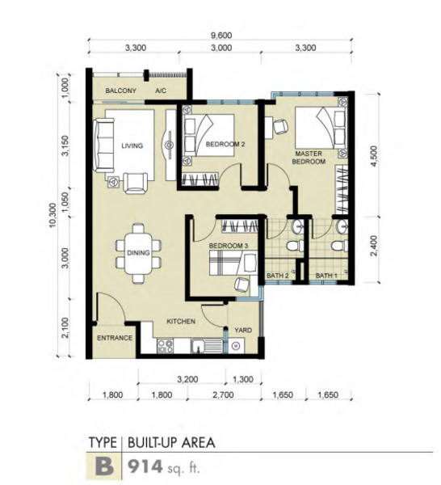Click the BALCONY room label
pyautogui.click(x=121, y=91)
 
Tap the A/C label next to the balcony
pyautogui.click(x=161, y=91)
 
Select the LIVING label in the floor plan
pyautogui.click(x=132, y=145)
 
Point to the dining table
pyautogui.click(x=138, y=253)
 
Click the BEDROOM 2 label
pyautogui.click(x=225, y=144)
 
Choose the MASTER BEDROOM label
pyautogui.click(x=309, y=158)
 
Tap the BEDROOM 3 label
pyautogui.click(x=229, y=246)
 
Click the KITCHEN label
pyautogui.click(x=181, y=322)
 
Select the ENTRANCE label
pyautogui.click(x=115, y=338)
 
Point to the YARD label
pyautogui.click(x=243, y=330)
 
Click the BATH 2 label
pyautogui.click(x=278, y=276)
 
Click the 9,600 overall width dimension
pyautogui.click(x=221, y=36)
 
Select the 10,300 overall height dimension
pyautogui.click(x=52, y=215)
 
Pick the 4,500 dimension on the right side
pyautogui.click(x=374, y=156)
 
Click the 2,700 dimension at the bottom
pyautogui.click(x=223, y=394)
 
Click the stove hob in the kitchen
pyautogui.click(x=165, y=346)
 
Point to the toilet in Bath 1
pyautogui.click(x=339, y=247)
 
